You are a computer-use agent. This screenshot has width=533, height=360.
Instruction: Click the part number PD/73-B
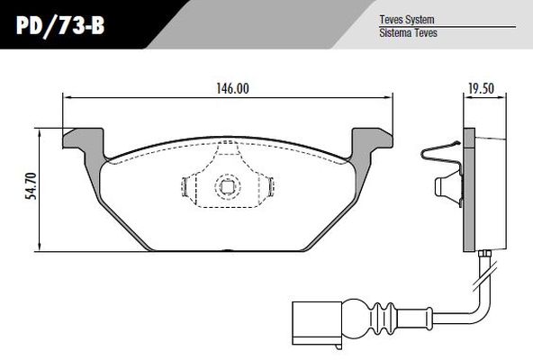point(60,27)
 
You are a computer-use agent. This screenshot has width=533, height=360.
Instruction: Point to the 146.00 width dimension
point(230,87)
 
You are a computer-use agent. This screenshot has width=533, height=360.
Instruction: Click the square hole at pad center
point(226,188)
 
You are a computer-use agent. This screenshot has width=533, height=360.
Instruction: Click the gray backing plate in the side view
point(468,189)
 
